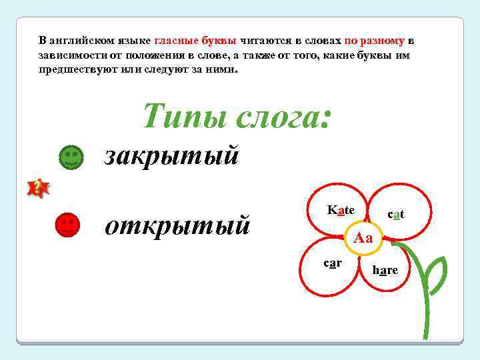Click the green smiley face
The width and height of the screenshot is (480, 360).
click(x=71, y=157)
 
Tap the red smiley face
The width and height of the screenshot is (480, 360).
click(x=67, y=225)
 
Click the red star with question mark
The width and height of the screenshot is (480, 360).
click(x=38, y=187)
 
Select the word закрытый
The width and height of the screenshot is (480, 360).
click(x=171, y=156)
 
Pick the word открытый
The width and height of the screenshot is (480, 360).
click(x=177, y=225)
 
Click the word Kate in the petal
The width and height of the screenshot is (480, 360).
click(x=341, y=210)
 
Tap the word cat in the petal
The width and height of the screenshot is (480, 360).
click(x=396, y=214)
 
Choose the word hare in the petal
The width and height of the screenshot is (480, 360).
click(x=385, y=269)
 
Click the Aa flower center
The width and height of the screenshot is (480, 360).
click(x=364, y=238)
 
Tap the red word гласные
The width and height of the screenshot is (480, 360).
click(x=177, y=40)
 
